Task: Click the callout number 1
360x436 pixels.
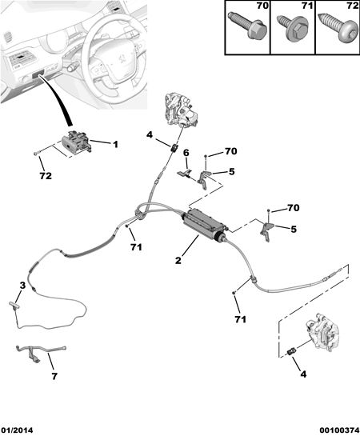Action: (x=115, y=144)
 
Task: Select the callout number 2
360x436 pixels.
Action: (x=178, y=260)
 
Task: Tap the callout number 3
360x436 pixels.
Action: (x=22, y=286)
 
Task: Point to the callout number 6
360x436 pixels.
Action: (x=186, y=153)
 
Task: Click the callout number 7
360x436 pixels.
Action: (x=54, y=376)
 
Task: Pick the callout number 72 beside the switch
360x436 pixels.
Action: (x=46, y=176)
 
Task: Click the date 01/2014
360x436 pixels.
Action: (x=17, y=430)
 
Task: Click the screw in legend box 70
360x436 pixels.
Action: (x=247, y=26)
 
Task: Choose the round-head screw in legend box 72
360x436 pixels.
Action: (x=338, y=29)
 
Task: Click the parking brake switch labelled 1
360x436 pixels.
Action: (x=77, y=142)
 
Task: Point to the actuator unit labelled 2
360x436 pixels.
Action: (x=203, y=225)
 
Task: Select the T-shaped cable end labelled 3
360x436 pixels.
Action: (x=14, y=305)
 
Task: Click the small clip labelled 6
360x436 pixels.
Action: (x=184, y=174)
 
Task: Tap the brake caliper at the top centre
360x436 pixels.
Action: (x=181, y=110)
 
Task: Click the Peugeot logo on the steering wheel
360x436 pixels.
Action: (x=121, y=58)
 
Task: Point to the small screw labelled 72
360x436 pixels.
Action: (x=36, y=153)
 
